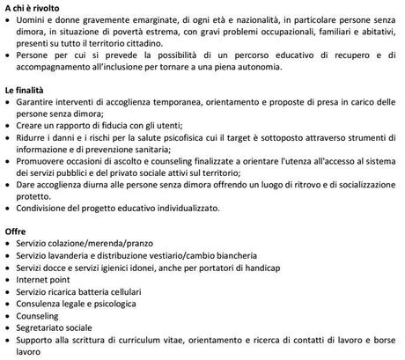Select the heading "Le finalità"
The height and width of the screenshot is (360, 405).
26,91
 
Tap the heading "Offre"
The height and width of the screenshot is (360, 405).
17,230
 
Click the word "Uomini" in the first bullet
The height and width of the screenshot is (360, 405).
34,20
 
